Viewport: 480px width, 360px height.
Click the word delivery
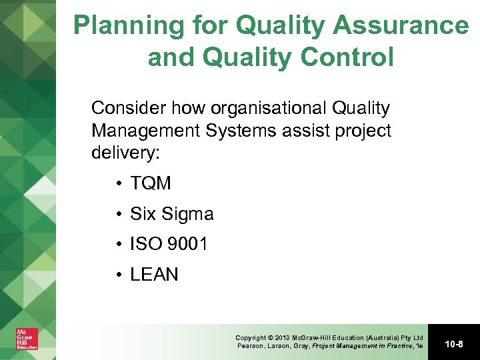125,153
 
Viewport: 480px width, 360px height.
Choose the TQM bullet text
151,183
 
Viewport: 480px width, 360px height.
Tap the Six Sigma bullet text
172,214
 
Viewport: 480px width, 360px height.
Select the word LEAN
155,275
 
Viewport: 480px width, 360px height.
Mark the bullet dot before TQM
117,183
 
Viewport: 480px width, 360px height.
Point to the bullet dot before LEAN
117,275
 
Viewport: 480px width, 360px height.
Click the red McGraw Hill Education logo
27,339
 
